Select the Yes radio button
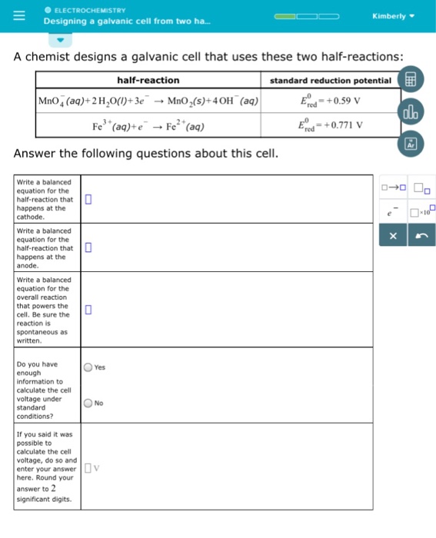click(x=89, y=368)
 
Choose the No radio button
click(x=89, y=403)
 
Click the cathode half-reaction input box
click(x=88, y=200)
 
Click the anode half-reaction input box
click(x=88, y=247)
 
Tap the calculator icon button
click(x=409, y=80)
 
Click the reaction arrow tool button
click(x=392, y=188)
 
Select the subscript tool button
click(x=421, y=188)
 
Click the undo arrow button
click(x=421, y=238)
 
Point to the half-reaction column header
click(x=148, y=80)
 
